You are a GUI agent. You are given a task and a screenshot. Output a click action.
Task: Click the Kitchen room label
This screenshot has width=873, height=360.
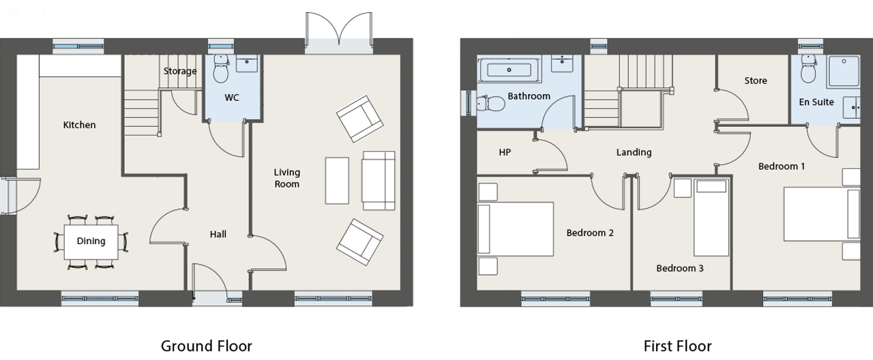tap(79, 125)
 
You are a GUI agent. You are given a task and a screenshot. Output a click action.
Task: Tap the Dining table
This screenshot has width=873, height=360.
tap(91, 241)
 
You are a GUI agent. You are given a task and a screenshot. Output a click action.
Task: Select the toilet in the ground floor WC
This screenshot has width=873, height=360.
tap(221, 69)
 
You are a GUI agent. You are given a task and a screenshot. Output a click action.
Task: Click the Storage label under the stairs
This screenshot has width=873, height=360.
tap(180, 71)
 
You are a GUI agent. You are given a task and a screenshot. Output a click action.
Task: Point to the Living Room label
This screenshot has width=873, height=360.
tap(287, 178)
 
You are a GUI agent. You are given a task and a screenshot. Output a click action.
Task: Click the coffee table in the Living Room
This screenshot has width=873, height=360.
tap(337, 181)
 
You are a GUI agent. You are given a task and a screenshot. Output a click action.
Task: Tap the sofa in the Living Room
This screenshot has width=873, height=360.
tap(379, 181)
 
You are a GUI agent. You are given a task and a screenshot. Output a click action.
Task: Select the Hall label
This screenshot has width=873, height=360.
tap(218, 234)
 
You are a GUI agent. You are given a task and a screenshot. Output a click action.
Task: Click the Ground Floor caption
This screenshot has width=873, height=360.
tap(207, 346)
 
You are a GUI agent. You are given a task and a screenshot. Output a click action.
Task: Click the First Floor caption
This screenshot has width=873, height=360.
tap(677, 346)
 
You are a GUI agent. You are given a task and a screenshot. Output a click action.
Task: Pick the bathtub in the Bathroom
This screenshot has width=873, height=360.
tap(509, 70)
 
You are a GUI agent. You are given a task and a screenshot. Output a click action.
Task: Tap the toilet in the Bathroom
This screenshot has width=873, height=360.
tap(491, 104)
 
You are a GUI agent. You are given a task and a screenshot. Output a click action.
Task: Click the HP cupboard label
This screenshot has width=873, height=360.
tap(505, 152)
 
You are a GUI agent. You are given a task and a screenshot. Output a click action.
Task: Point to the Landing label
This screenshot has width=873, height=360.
tap(634, 152)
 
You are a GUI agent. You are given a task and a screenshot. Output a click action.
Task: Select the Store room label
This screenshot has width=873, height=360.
tap(756, 80)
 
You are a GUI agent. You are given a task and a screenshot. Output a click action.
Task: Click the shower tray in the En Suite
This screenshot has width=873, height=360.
tap(844, 72)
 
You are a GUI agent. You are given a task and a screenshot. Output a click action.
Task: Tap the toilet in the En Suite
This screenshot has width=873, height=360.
tap(809, 69)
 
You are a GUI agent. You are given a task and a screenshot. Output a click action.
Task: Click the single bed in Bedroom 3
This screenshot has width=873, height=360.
tap(711, 217)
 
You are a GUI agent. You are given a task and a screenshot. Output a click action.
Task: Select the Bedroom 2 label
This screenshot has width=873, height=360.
tap(590, 233)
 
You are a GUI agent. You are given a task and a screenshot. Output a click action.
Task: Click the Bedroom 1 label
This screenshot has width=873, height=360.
tap(782, 166)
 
